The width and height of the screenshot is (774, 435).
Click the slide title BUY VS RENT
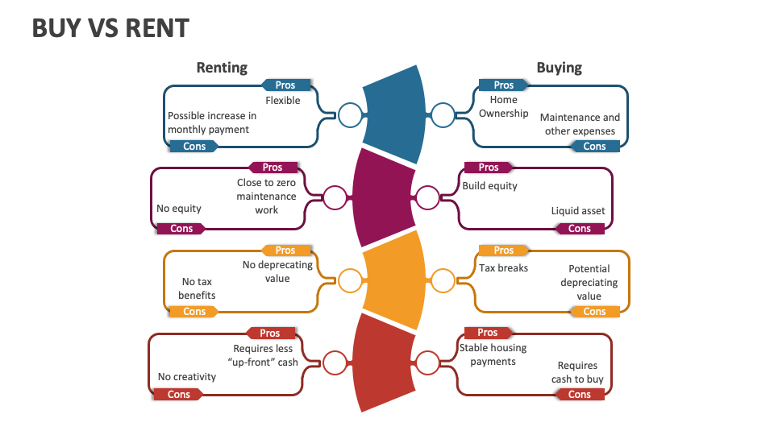click(110, 28)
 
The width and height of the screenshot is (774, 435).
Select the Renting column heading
click(222, 68)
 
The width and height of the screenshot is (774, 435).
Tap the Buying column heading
click(559, 68)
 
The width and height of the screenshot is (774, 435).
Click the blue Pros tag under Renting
click(285, 85)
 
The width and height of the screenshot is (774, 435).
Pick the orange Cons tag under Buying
click(594, 312)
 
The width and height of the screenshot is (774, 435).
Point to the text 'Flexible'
click(282, 101)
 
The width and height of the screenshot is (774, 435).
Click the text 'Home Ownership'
click(504, 106)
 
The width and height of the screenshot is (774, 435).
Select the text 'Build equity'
click(489, 186)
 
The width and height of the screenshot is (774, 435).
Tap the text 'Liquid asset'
click(577, 211)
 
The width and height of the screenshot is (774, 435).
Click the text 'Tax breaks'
click(503, 268)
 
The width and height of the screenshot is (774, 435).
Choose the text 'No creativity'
click(187, 377)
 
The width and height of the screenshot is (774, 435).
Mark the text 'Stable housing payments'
click(493, 354)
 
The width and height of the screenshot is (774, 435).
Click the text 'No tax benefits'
click(197, 288)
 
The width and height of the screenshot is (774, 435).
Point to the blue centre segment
click(395, 113)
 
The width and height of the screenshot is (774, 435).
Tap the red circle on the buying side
click(427, 363)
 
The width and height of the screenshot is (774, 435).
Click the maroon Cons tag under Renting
click(181, 229)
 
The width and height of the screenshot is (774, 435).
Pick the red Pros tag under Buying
click(488, 333)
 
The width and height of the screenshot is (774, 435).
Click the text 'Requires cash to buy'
click(577, 372)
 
